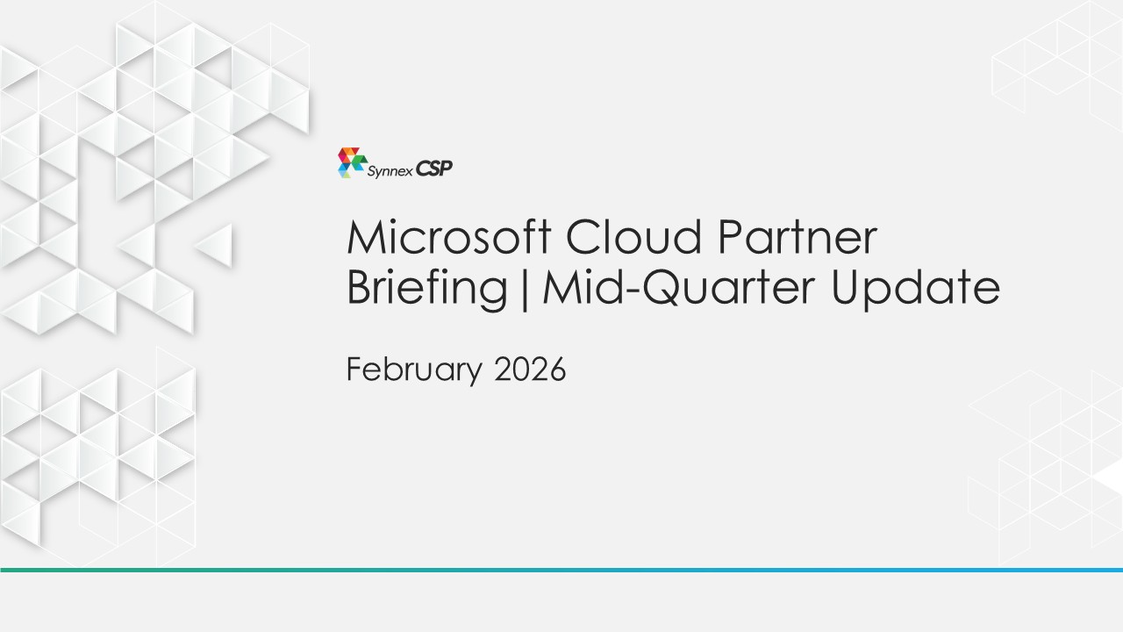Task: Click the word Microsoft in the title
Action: point(449,237)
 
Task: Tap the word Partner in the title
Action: point(798,237)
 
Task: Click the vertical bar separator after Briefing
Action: point(525,290)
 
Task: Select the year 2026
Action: point(530,370)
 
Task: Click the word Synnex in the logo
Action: point(390,171)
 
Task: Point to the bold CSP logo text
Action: point(434,169)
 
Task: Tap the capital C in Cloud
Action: point(583,237)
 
